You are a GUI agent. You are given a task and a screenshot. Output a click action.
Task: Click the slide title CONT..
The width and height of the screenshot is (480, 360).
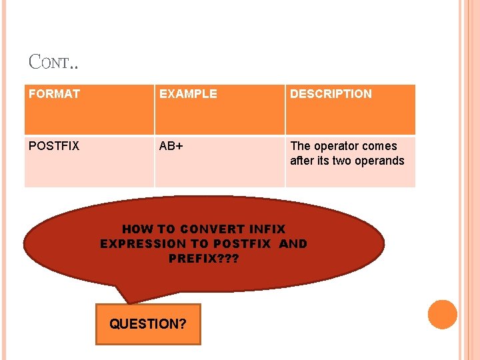click(53, 62)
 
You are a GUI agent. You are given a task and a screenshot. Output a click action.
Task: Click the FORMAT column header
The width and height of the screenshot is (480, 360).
click(54, 94)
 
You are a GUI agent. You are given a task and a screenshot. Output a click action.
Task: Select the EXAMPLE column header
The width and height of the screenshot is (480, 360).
click(188, 94)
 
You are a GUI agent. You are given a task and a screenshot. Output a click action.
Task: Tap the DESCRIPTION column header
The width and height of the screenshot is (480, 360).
click(331, 94)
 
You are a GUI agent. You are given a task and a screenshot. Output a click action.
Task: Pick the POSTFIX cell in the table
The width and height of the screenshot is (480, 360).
click(54, 146)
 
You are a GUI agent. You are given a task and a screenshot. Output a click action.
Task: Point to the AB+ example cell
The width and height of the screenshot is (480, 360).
click(171, 146)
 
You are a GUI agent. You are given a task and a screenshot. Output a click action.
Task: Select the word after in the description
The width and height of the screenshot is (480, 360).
click(302, 161)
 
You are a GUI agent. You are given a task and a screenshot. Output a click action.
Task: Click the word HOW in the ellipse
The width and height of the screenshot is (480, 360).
click(137, 229)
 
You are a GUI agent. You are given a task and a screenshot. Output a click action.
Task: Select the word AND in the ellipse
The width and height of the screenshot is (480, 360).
click(293, 244)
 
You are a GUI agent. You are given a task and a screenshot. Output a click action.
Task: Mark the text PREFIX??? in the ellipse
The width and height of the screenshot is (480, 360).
click(204, 259)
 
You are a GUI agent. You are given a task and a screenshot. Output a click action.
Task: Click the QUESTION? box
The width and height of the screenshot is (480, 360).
click(148, 325)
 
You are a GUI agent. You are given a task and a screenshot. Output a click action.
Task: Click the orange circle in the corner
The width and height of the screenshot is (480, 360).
click(442, 315)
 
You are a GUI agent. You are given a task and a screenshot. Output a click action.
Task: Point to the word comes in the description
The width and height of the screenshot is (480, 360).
click(381, 146)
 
